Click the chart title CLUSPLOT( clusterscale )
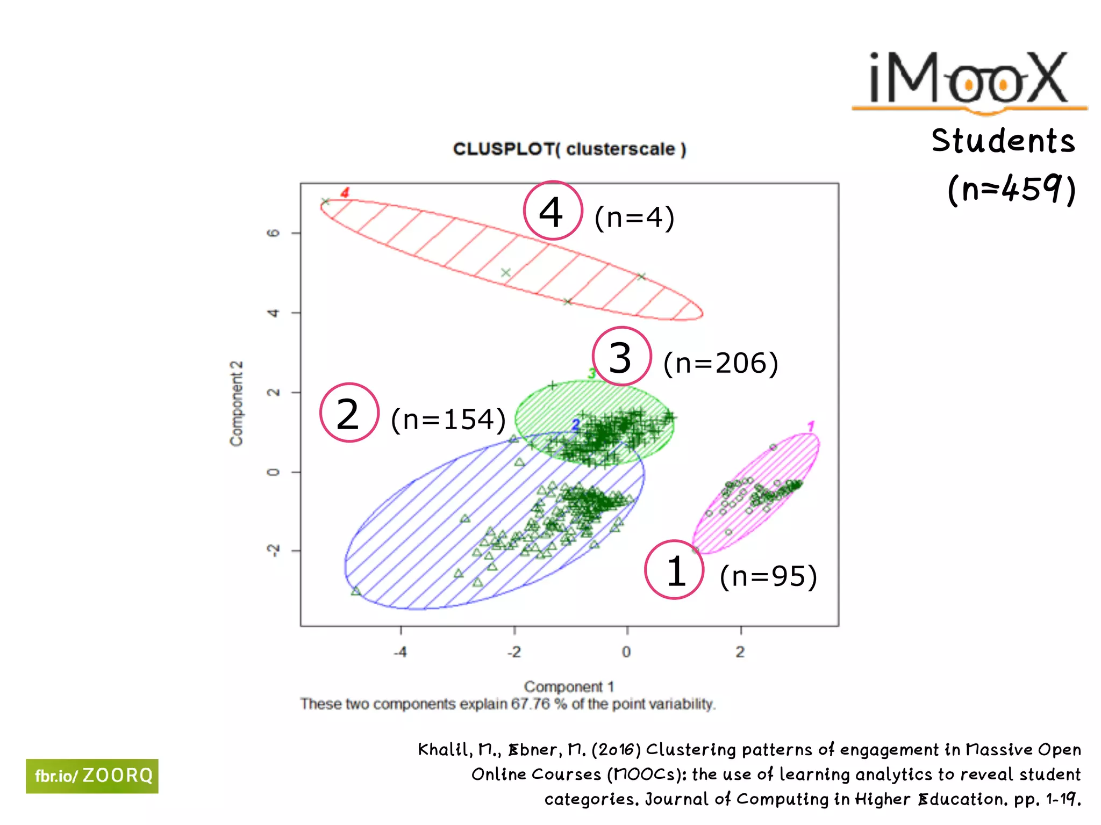click(x=569, y=149)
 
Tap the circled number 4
click(x=553, y=211)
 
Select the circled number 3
click(x=621, y=357)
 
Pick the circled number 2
click(x=349, y=413)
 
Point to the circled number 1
click(x=674, y=570)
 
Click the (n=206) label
click(x=720, y=363)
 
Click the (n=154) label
click(x=448, y=419)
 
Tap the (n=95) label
click(x=768, y=576)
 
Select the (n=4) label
click(x=634, y=218)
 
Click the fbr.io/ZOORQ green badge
click(x=92, y=776)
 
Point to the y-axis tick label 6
click(x=274, y=233)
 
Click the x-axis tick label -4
click(x=400, y=652)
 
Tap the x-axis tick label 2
click(x=740, y=652)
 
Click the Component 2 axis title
click(x=237, y=403)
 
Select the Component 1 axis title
click(x=569, y=686)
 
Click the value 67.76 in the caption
click(x=531, y=704)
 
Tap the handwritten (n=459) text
click(x=1011, y=189)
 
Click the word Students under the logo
click(x=1003, y=141)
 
